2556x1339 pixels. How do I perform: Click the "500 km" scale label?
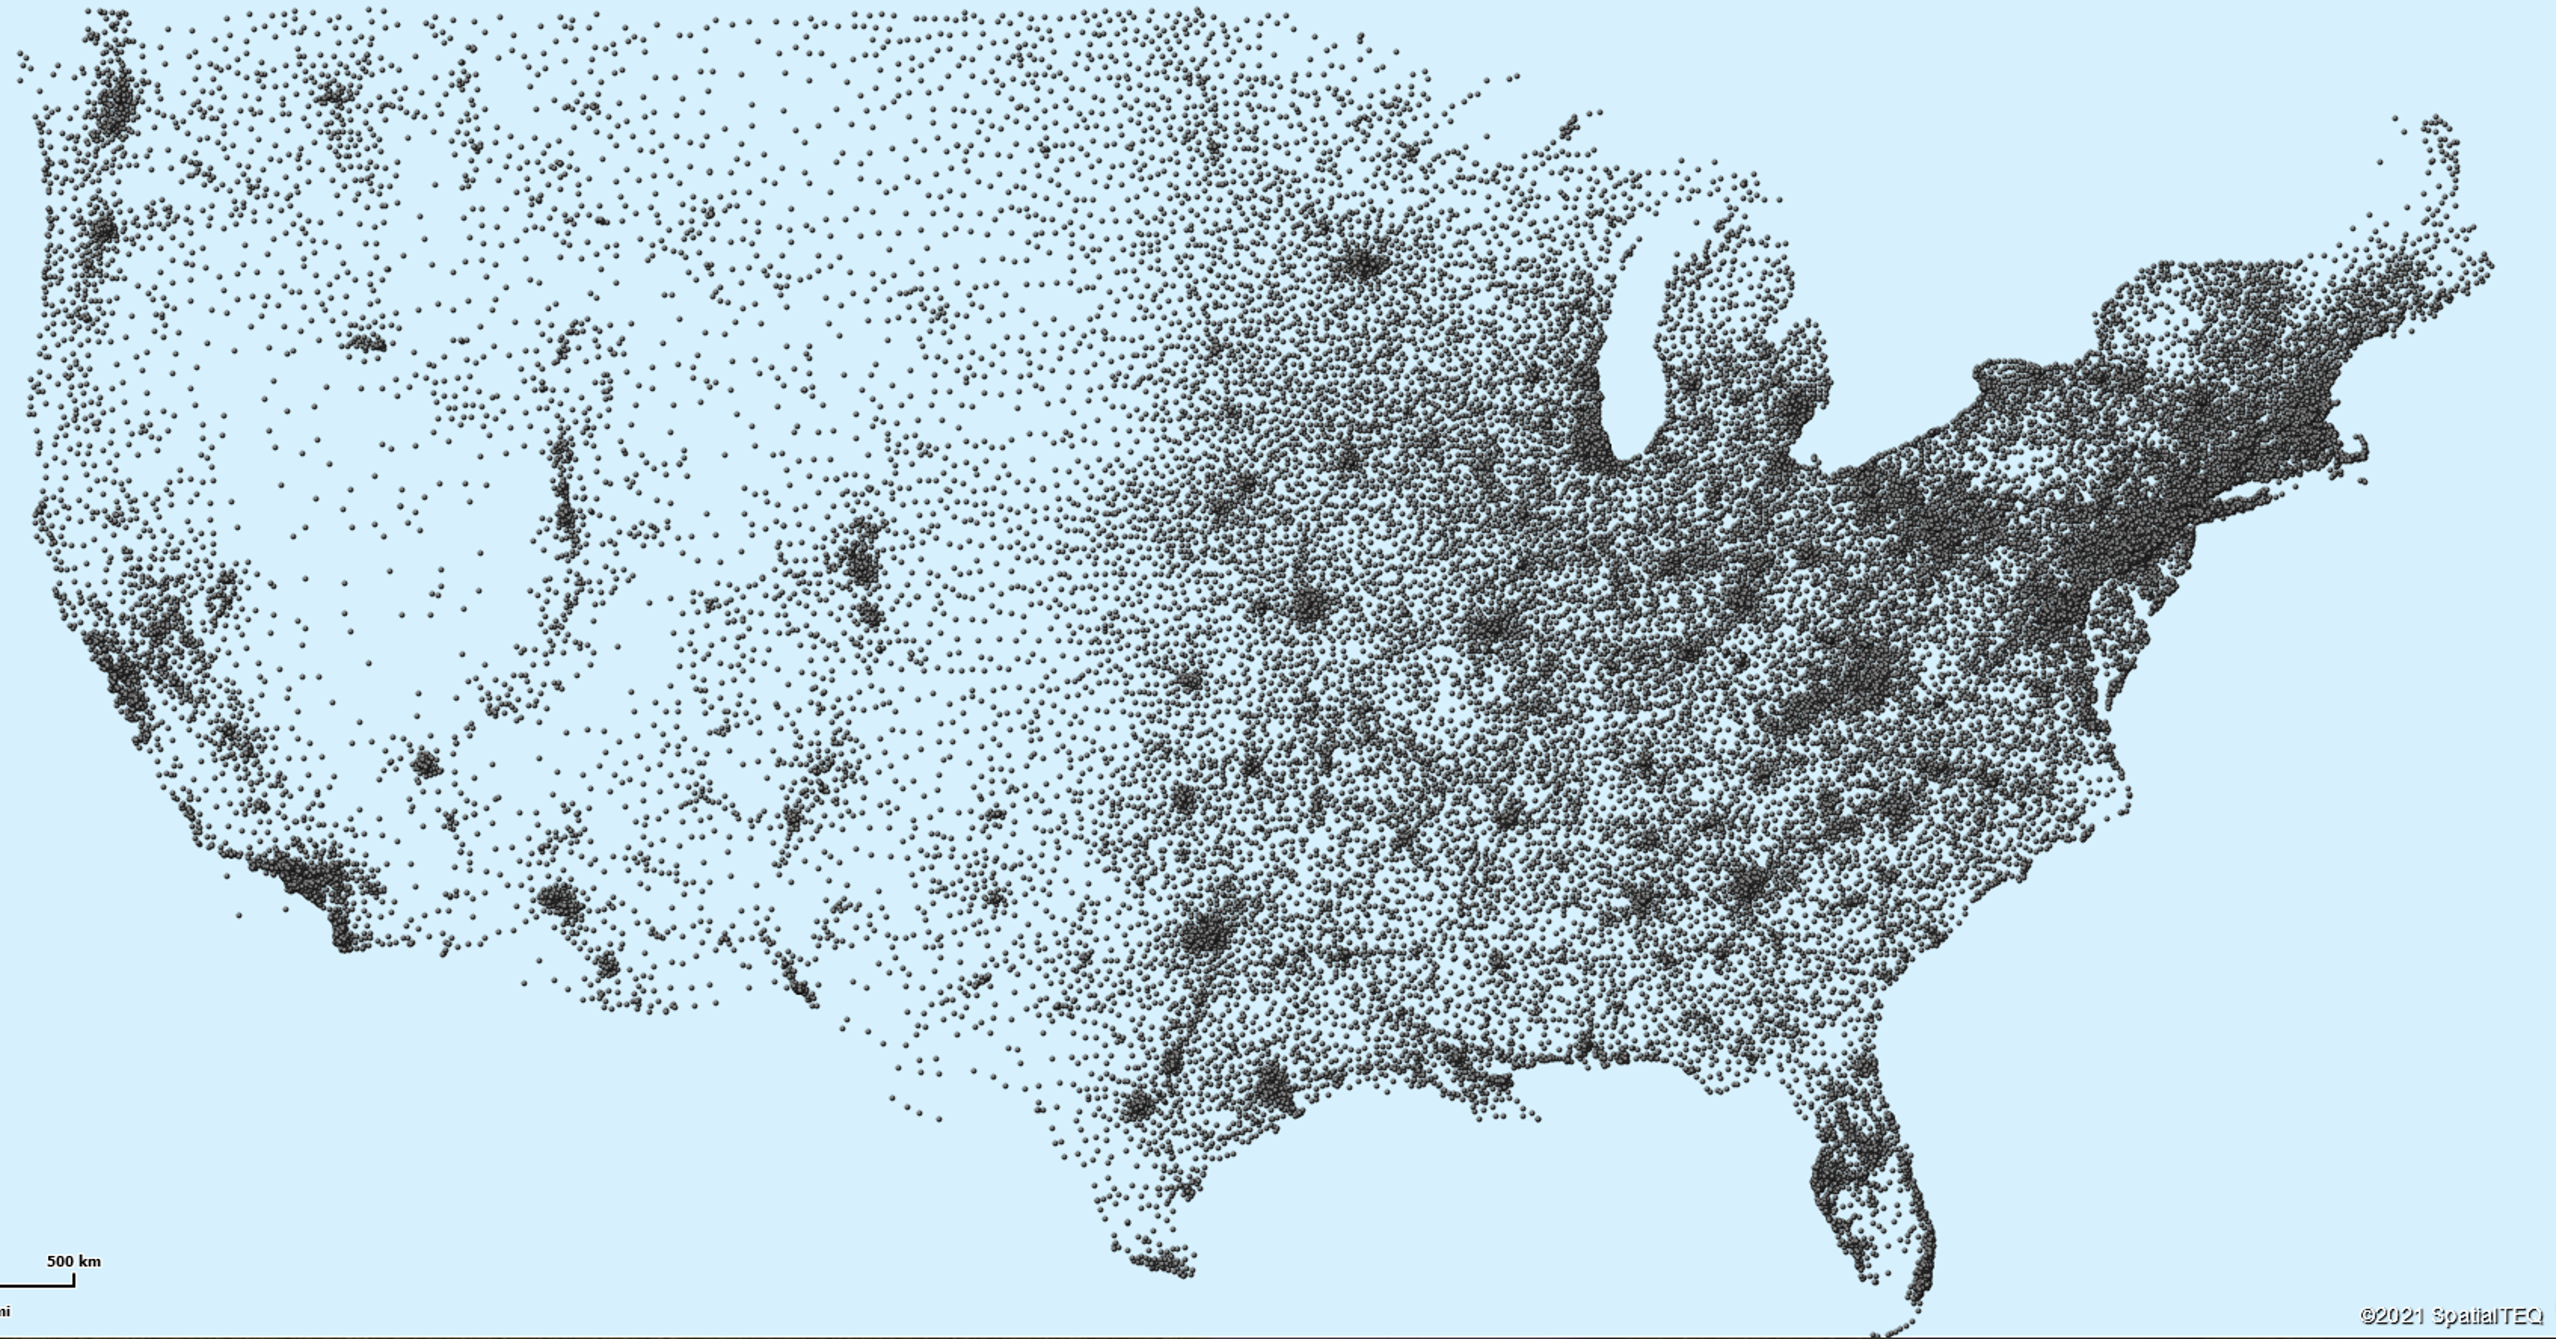(x=73, y=1261)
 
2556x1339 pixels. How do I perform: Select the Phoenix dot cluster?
(x=560, y=900)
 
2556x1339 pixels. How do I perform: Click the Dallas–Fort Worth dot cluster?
(x=1206, y=933)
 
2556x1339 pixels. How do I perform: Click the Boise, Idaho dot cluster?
(x=367, y=343)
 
